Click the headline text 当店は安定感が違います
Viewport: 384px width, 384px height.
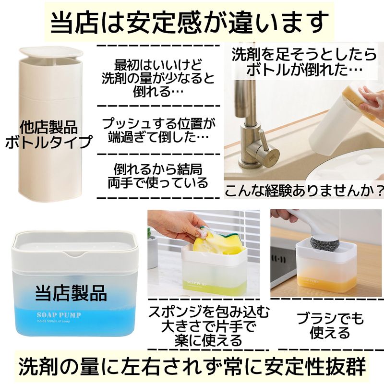[x=189, y=23]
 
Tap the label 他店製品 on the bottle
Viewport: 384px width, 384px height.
[x=49, y=127]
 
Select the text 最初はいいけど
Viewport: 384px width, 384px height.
[x=158, y=65]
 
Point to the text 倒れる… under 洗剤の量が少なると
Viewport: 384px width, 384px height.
[x=158, y=91]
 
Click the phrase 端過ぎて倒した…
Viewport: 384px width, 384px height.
[x=158, y=137]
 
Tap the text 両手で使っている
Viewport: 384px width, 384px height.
[x=158, y=182]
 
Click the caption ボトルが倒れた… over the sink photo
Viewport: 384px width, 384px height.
[x=301, y=69]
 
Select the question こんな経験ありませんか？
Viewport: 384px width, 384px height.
[x=304, y=190]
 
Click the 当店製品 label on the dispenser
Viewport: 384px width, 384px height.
[x=71, y=293]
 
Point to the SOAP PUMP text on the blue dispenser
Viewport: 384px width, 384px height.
[x=59, y=315]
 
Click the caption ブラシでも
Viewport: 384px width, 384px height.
[x=330, y=318]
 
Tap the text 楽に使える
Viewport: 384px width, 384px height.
[x=208, y=340]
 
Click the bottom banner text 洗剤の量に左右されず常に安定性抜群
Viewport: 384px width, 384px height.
[x=192, y=366]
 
